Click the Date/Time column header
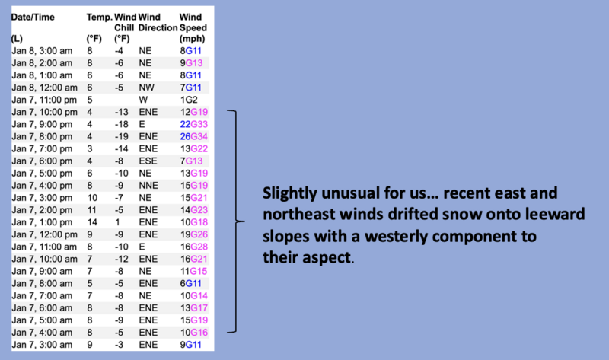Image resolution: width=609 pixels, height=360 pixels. click(x=33, y=17)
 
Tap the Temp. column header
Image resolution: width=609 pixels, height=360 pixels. click(x=100, y=17)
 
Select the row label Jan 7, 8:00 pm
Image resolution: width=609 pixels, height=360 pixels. click(x=42, y=137)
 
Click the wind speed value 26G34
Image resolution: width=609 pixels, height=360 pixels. click(x=194, y=137)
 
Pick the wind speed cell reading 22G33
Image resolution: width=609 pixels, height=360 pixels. click(x=194, y=124)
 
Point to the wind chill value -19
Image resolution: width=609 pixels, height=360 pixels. click(x=121, y=137)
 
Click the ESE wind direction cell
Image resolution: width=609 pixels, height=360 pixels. click(x=148, y=161)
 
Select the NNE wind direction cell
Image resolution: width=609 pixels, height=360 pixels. click(x=148, y=186)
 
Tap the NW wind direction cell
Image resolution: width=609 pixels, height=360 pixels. click(x=146, y=88)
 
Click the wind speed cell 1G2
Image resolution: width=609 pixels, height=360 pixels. click(x=189, y=100)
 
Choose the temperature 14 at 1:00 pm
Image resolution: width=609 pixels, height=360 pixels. click(x=92, y=222)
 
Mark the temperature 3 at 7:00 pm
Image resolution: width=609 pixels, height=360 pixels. click(x=90, y=148)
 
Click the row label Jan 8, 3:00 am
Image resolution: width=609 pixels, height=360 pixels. click(x=42, y=51)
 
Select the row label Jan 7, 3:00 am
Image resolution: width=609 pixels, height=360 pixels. click(x=42, y=345)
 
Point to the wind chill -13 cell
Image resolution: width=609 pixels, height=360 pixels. click(x=121, y=112)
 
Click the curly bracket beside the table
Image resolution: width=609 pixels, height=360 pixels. click(x=236, y=221)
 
